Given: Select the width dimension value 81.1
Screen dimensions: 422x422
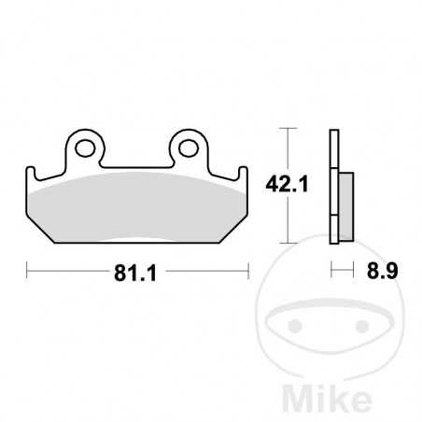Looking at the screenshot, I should tap(137, 272).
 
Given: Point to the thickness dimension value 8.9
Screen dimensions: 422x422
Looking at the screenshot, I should tap(379, 272).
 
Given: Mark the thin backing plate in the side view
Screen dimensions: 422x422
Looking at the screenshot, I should tap(333, 187).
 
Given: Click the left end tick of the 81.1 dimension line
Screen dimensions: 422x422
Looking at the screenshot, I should tap(29, 272).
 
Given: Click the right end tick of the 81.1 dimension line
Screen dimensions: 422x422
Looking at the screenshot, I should tap(246, 272).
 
